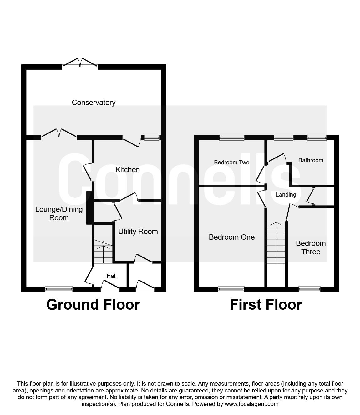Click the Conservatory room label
point(94,102)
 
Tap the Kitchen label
point(128,170)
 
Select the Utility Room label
point(138,232)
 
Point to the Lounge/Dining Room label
point(59,213)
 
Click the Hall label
point(112,276)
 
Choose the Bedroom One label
point(231,237)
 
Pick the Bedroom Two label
point(231,162)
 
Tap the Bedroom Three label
point(311,247)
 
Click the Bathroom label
point(311,160)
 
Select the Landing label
point(286,195)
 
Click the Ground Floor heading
point(93,305)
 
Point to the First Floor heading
point(266,305)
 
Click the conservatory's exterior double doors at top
point(80,62)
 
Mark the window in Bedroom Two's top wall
point(231,137)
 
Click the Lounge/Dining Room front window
point(59,289)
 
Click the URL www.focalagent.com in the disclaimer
point(251,404)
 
